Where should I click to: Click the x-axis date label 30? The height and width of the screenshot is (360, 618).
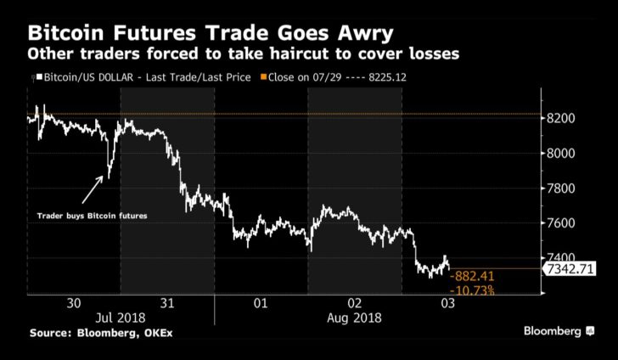point(73,303)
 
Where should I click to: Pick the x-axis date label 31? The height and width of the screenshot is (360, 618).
point(167,303)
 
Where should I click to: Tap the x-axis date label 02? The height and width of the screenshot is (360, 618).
point(354,303)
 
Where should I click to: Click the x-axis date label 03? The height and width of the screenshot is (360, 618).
point(447,303)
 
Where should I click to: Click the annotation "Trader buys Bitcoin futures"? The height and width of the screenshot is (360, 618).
point(93,217)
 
